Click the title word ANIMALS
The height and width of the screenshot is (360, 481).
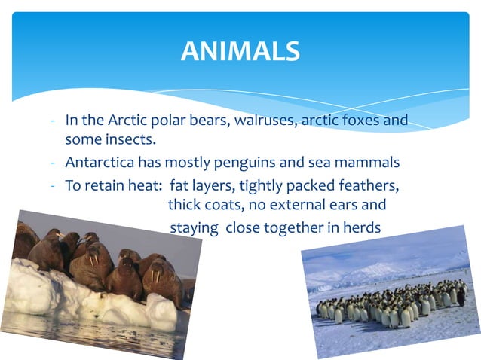(240, 51)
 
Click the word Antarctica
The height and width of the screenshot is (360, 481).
(101, 162)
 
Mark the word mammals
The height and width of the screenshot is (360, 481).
(369, 162)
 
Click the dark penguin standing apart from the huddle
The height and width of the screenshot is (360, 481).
(461, 297)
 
